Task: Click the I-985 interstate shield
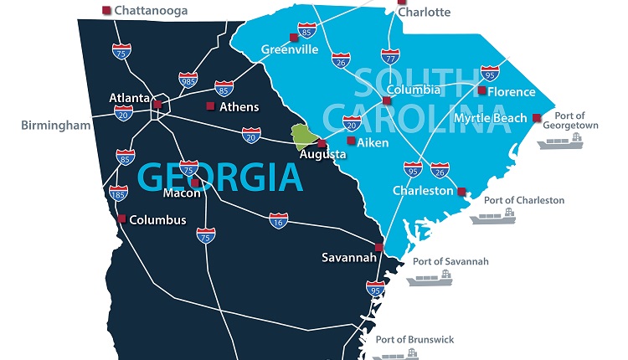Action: tap(188, 80)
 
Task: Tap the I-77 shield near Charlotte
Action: tap(390, 57)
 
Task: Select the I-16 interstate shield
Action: tap(279, 221)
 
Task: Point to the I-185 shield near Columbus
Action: tap(119, 195)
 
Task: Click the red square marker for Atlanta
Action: tap(157, 104)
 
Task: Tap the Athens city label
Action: tap(239, 106)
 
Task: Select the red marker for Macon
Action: tap(195, 183)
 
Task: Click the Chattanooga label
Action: tap(150, 11)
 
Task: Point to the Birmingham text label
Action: tap(56, 126)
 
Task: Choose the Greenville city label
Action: tap(290, 49)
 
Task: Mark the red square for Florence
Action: tap(482, 90)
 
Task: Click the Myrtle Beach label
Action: tap(489, 117)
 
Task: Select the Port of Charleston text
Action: tap(524, 200)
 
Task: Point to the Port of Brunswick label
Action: tap(414, 339)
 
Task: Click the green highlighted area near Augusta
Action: tap(304, 135)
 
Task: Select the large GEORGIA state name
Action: tap(219, 177)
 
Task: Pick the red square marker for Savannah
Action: tap(378, 247)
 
